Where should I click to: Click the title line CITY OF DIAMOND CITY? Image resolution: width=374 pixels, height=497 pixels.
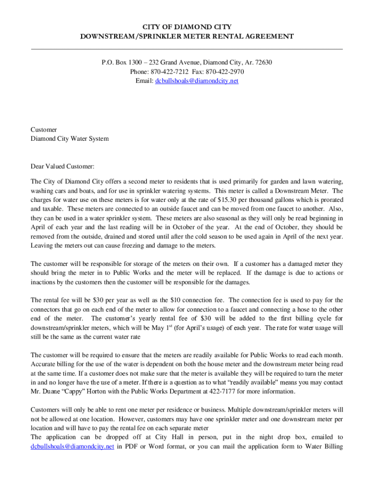[x=187, y=27]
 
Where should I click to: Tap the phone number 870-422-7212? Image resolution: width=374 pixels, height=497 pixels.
[x=170, y=72]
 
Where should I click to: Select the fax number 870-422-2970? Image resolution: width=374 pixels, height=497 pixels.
[x=224, y=72]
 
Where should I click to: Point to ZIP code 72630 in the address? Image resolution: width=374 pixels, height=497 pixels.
[x=263, y=63]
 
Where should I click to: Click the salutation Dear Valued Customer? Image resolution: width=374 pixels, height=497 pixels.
[x=63, y=167]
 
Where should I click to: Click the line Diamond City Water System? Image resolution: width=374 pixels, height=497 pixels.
[x=69, y=139]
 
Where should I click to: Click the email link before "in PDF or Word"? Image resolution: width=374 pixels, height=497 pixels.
[x=72, y=447]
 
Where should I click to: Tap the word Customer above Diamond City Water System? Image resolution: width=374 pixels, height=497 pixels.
[x=44, y=130]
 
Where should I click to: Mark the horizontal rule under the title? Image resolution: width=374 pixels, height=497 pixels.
[x=187, y=49]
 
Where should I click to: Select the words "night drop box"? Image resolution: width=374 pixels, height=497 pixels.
[x=236, y=437]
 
